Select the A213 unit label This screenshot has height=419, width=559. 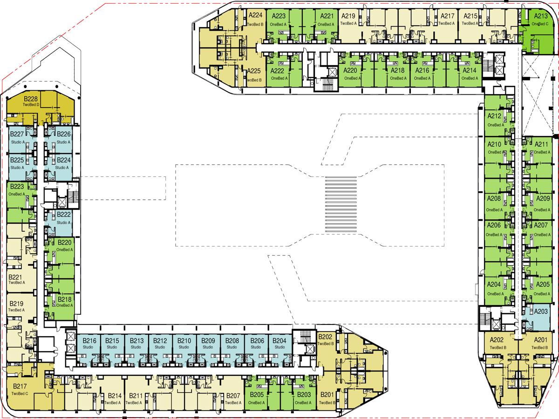[540, 16]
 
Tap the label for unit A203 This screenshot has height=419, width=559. [540, 311]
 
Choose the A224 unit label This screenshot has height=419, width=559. [255, 15]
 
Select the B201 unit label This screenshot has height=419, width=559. [327, 395]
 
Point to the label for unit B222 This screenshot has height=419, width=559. [64, 215]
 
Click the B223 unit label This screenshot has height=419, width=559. [16, 187]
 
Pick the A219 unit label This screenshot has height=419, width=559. [348, 15]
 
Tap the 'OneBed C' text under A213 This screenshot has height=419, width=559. [540, 23]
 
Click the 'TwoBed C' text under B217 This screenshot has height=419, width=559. [20, 393]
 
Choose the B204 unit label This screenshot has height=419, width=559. [279, 341]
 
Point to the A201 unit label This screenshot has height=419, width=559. [540, 340]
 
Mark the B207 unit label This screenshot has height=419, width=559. [233, 396]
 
